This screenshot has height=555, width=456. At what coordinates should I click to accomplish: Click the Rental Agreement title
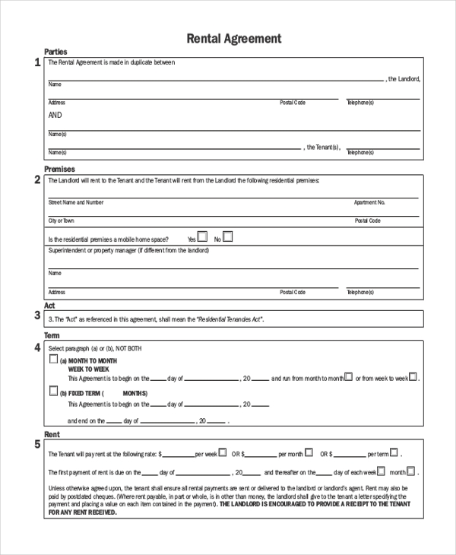(234, 38)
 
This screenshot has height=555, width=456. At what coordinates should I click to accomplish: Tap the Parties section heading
(55, 52)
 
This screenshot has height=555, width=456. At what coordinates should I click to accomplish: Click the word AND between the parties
(55, 116)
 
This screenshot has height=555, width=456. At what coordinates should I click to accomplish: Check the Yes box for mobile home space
(202, 236)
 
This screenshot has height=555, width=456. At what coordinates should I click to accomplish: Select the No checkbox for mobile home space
(228, 236)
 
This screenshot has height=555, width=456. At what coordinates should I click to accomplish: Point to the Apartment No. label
(370, 203)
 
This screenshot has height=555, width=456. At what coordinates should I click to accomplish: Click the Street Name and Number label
(76, 203)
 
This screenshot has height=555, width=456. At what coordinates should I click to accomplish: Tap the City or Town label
(62, 220)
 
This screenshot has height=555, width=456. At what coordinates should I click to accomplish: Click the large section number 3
(37, 316)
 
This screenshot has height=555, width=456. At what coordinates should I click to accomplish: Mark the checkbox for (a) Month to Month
(53, 360)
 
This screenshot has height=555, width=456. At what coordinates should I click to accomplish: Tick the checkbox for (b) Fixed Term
(53, 392)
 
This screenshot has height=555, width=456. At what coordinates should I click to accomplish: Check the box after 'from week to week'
(413, 376)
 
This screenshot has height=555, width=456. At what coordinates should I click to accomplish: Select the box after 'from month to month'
(348, 376)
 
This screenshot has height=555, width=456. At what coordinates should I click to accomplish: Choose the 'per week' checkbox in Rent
(223, 452)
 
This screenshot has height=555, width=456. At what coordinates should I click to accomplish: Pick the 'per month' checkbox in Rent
(309, 452)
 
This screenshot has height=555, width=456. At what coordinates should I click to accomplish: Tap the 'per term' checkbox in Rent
(394, 452)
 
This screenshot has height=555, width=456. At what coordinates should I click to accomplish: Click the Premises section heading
(59, 169)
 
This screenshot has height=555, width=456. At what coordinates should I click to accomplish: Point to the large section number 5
(37, 443)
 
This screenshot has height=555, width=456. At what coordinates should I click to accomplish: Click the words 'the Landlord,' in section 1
(404, 79)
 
